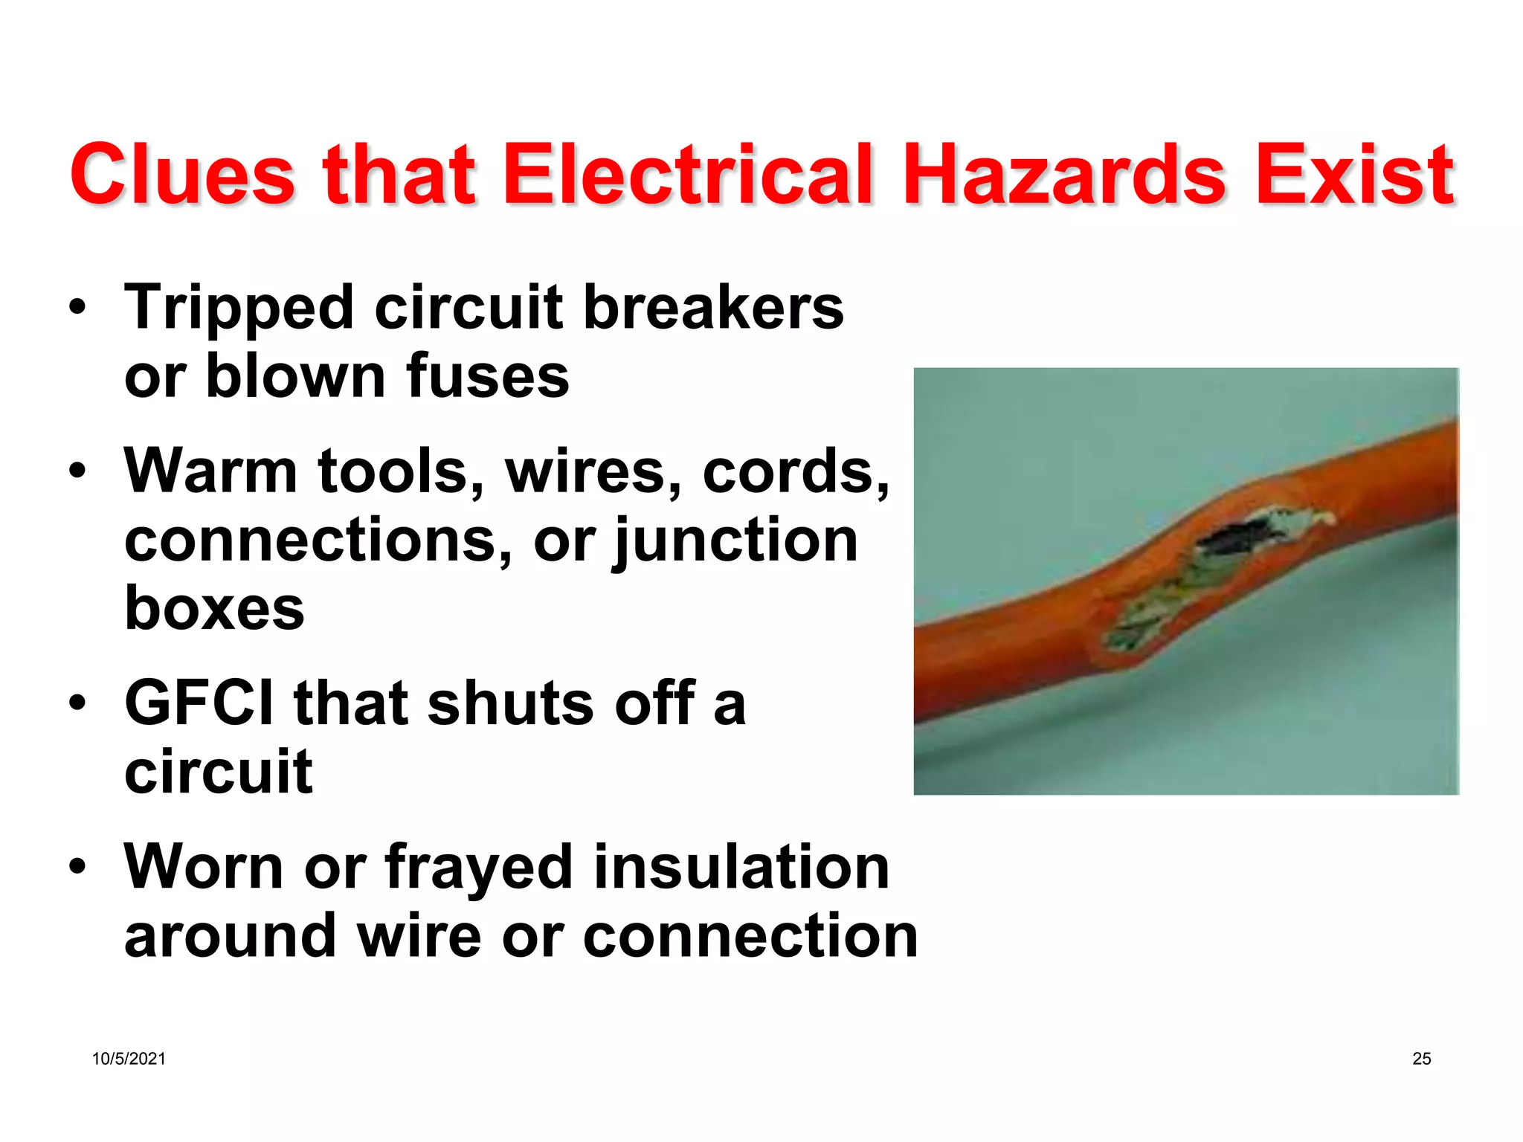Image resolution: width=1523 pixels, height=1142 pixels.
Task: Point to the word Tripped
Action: click(239, 309)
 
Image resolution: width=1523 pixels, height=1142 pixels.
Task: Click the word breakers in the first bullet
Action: click(714, 307)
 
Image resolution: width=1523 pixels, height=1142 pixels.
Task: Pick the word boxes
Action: click(214, 608)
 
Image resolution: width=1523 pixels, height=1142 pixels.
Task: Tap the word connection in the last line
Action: click(750, 935)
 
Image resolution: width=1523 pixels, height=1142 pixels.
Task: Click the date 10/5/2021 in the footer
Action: click(129, 1059)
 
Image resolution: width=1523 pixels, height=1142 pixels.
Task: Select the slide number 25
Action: click(1421, 1059)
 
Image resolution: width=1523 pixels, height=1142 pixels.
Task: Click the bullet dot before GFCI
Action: click(77, 703)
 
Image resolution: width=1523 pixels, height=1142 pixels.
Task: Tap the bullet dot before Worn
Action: click(77, 866)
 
